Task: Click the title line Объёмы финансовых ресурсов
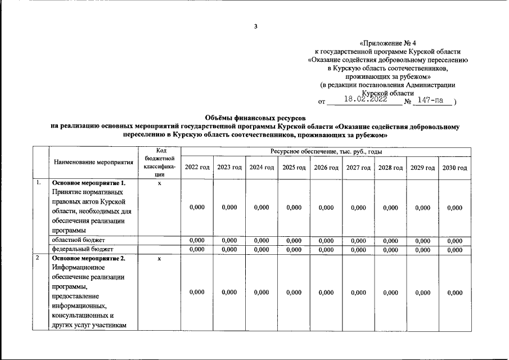coord(255,118)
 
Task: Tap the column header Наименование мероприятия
coord(93,163)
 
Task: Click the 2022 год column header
coord(197,168)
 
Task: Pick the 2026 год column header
coord(326,168)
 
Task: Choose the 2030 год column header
coord(454,168)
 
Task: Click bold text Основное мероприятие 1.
coord(88,183)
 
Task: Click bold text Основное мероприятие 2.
coord(88,259)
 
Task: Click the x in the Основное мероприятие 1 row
coord(160,183)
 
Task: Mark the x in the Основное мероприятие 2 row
coord(160,259)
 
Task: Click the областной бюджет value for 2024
coord(262,240)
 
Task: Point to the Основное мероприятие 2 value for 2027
coord(358,292)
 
